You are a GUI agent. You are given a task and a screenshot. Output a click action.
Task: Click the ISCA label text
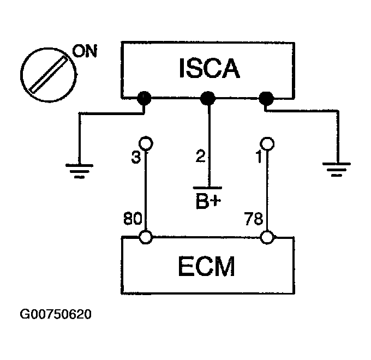(x=210, y=68)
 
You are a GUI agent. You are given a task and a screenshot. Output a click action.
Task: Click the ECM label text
(x=206, y=266)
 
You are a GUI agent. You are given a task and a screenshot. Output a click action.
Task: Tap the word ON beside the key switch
(x=85, y=51)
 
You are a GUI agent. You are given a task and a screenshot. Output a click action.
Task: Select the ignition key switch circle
(x=49, y=75)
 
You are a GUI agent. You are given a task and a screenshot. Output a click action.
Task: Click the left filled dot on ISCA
(x=144, y=98)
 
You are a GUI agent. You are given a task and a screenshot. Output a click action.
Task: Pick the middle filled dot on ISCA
(x=208, y=98)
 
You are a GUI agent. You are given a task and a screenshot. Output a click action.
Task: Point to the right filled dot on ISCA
(x=266, y=98)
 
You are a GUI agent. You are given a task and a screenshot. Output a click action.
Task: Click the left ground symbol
(x=79, y=171)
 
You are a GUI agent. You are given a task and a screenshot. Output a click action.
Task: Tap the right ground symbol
(x=337, y=169)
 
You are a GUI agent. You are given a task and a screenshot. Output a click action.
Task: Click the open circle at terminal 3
(x=146, y=143)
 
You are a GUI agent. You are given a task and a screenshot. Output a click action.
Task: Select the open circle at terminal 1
(x=267, y=144)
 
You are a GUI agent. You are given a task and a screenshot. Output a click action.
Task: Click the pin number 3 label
(x=136, y=157)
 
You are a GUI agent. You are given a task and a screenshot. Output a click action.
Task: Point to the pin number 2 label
(x=200, y=156)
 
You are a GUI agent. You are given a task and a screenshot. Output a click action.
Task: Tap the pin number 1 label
(x=259, y=157)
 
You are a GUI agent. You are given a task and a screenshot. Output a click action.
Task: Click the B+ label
(x=208, y=201)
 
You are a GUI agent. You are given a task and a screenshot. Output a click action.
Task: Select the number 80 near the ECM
(x=133, y=218)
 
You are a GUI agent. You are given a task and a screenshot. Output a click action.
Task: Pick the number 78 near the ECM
(x=254, y=219)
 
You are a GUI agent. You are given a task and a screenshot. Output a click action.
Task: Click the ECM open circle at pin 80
(x=146, y=237)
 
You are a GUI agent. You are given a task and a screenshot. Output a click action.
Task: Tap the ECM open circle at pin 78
(x=267, y=237)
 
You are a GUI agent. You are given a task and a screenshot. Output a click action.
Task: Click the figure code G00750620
(x=56, y=314)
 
